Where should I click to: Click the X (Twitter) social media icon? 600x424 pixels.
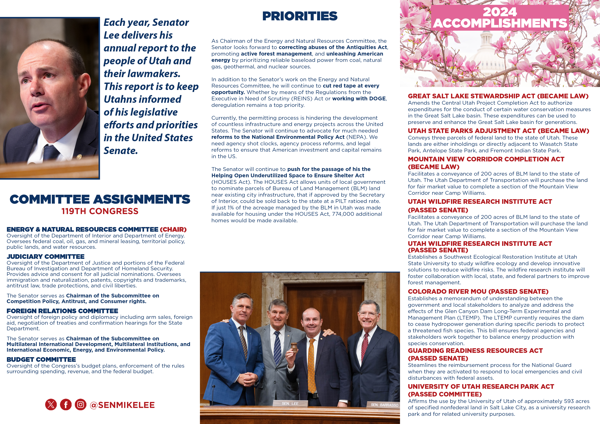[51, 405]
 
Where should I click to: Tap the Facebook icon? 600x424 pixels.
[66, 405]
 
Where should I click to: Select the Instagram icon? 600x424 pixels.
[81, 405]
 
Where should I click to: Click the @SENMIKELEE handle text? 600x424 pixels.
[122, 405]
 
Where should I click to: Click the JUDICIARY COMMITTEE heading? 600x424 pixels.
[45, 257]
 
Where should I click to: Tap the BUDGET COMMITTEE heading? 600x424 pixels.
[41, 360]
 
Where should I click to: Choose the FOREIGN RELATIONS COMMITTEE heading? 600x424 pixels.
[62, 311]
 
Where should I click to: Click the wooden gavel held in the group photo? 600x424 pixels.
[294, 347]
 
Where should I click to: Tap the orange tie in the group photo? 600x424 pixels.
[311, 366]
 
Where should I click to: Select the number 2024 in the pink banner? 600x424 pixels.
[500, 12]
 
